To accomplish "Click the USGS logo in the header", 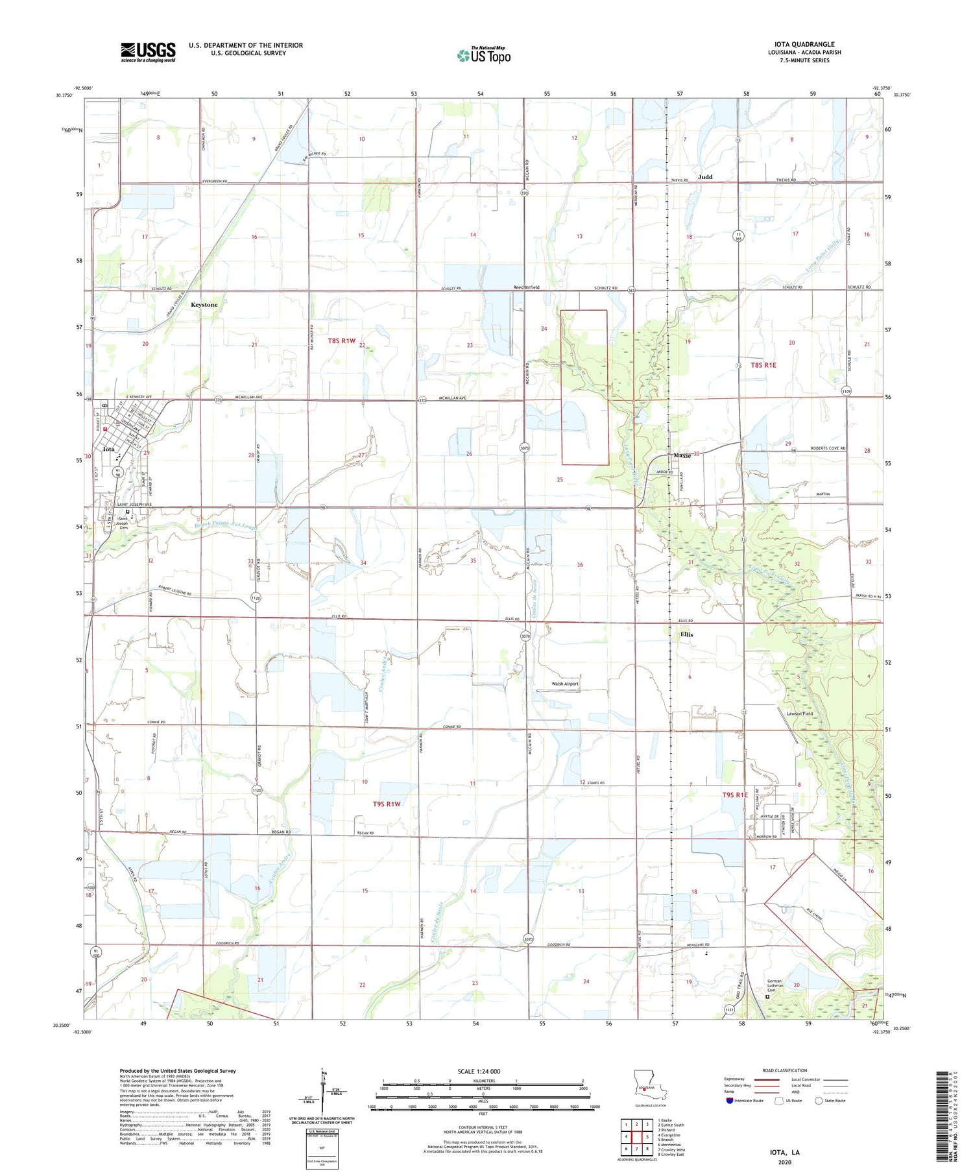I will click(148, 52).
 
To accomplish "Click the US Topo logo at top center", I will click(483, 56).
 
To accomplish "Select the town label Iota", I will click(109, 449).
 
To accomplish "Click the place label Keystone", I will click(204, 305).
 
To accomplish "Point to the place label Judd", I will click(704, 177).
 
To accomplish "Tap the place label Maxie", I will click(682, 455).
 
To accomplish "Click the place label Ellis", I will click(686, 634).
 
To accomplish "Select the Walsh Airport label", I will click(564, 684).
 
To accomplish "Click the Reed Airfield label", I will click(526, 287).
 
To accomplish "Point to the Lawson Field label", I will click(799, 714).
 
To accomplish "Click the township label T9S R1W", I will click(387, 804).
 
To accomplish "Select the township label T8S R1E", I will click(763, 365).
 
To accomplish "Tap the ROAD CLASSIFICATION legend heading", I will click(784, 1070).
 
